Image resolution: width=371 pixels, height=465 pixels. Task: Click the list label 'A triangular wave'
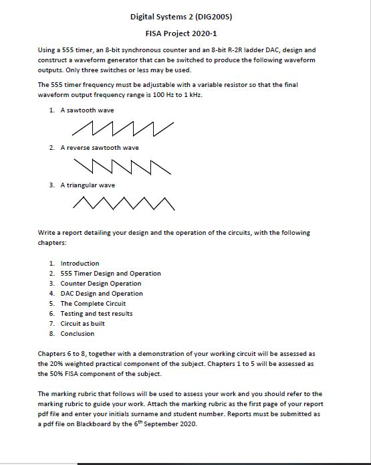(x=88, y=185)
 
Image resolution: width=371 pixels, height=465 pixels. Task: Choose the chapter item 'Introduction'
(x=80, y=263)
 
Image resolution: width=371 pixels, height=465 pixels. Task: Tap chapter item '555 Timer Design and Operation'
(x=110, y=273)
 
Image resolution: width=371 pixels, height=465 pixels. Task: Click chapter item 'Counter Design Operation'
(x=101, y=283)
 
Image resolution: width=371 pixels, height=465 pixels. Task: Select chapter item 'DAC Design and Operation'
(x=101, y=293)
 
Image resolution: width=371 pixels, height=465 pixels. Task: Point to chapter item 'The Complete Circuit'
(x=93, y=303)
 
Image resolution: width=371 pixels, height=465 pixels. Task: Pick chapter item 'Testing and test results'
(x=96, y=313)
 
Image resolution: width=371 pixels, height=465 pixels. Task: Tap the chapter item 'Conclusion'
(x=78, y=333)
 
